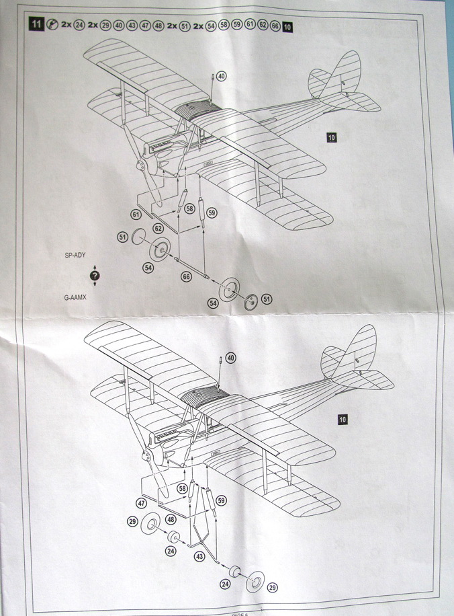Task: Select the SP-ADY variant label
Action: pos(75,256)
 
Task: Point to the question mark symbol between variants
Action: pos(95,276)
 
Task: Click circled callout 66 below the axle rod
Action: pos(186,276)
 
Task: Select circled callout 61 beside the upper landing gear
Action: pos(136,215)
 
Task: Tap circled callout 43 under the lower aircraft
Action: pos(199,556)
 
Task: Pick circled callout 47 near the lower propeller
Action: pos(142,503)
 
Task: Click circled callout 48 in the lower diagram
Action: pos(171,518)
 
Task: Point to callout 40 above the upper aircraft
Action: pos(222,76)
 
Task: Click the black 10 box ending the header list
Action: pos(287,27)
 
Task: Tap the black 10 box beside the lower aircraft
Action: pos(343,420)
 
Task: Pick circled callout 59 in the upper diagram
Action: pos(212,213)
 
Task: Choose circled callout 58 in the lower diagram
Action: pos(182,488)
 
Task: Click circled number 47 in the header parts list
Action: pos(144,26)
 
